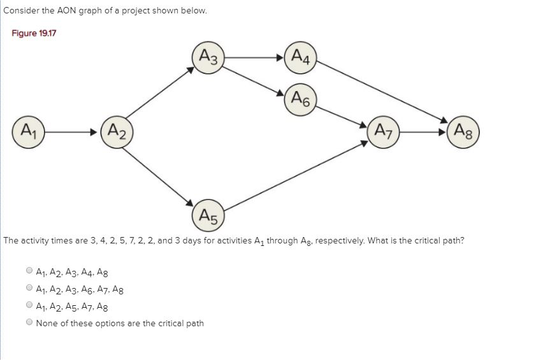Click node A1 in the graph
pos(27,133)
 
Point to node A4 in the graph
pos(299,57)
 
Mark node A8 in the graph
pos(464,133)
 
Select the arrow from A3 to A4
pos(254,57)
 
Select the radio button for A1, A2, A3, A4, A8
pos(29,270)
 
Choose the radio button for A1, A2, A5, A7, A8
pos(29,305)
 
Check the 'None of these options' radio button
pos(29,323)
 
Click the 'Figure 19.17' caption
pos(34,33)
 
